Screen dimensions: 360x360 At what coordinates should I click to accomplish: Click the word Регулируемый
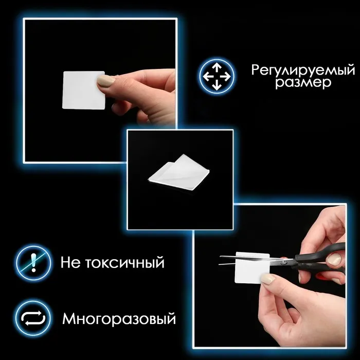tap(303, 70)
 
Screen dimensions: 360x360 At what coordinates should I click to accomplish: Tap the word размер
tap(303, 83)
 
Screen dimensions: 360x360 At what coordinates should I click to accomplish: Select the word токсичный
tap(125, 263)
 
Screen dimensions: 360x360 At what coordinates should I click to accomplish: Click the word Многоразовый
tap(119, 319)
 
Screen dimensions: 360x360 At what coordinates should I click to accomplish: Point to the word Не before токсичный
tap(71, 262)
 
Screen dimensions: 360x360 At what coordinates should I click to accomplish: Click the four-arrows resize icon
tap(217, 77)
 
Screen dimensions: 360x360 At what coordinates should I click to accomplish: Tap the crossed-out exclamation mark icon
tap(33, 263)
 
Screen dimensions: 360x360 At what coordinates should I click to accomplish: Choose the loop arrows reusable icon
tap(33, 318)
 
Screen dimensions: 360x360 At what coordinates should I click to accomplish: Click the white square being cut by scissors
tap(252, 268)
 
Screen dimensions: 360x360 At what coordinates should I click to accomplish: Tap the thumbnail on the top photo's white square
tap(106, 80)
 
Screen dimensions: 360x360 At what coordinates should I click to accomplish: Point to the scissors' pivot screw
tap(285, 261)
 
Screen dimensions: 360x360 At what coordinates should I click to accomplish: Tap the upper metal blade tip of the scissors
tap(221, 257)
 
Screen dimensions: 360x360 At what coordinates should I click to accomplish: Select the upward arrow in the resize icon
tap(217, 68)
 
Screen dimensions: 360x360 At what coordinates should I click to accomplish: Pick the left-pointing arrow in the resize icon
tap(208, 77)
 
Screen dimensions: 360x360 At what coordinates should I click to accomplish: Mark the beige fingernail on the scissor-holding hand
tap(334, 259)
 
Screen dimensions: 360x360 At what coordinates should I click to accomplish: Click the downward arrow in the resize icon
tap(217, 85)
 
